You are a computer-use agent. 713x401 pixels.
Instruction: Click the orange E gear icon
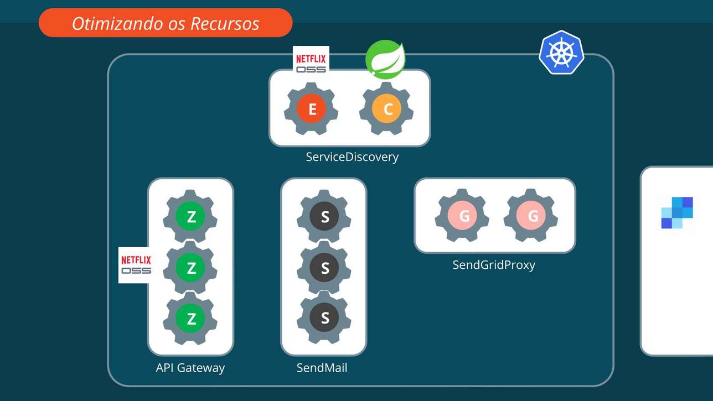pos(312,109)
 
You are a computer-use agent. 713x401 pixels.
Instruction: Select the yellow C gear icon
pos(387,109)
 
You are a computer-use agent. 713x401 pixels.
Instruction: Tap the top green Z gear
pos(191,217)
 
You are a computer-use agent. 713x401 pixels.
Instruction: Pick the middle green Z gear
pos(191,268)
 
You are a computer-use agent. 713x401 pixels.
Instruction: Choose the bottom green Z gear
pos(191,318)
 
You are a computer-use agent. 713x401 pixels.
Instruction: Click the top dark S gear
pos(324,217)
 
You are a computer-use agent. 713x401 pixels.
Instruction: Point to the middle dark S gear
pos(324,268)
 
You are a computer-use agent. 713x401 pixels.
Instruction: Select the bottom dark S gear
pos(324,318)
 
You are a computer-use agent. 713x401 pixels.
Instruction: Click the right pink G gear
pos(532,216)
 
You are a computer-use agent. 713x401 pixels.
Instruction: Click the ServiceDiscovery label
pos(352,157)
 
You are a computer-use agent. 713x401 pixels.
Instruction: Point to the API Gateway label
pos(190,368)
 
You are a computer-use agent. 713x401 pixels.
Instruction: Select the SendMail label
pos(322,368)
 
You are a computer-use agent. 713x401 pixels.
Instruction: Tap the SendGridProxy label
pos(494,265)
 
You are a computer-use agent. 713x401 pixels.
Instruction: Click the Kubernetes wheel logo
pos(562,53)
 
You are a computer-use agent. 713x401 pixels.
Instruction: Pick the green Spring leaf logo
pos(385,59)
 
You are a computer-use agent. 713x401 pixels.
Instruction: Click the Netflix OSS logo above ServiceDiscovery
pos(311,63)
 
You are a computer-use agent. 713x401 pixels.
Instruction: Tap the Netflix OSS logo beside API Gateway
pos(136,265)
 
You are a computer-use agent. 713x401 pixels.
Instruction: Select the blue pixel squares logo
pos(677,212)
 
